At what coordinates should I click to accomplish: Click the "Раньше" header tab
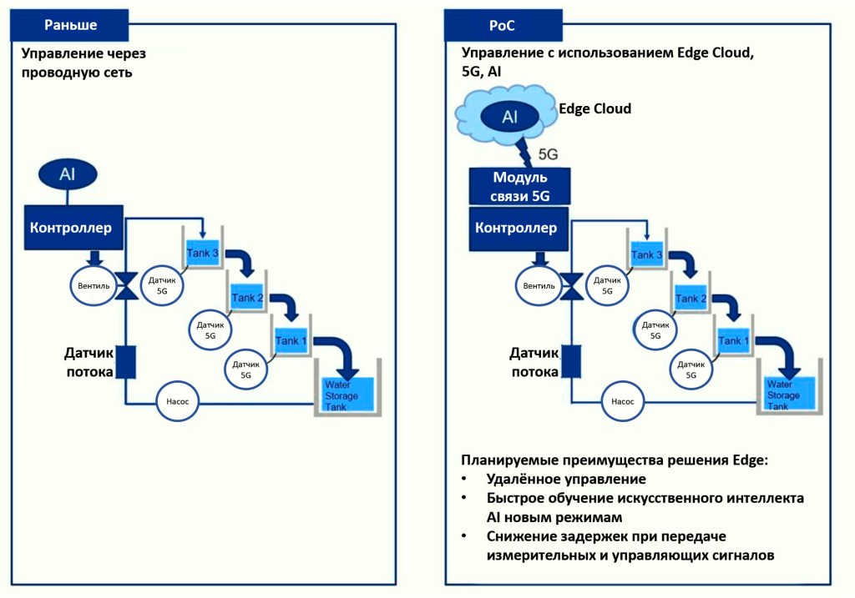(x=70, y=24)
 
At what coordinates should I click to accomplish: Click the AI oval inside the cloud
(x=509, y=116)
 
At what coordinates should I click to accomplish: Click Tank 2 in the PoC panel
(x=692, y=297)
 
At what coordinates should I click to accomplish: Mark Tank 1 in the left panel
(x=292, y=340)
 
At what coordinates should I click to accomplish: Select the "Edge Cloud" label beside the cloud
(x=594, y=109)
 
